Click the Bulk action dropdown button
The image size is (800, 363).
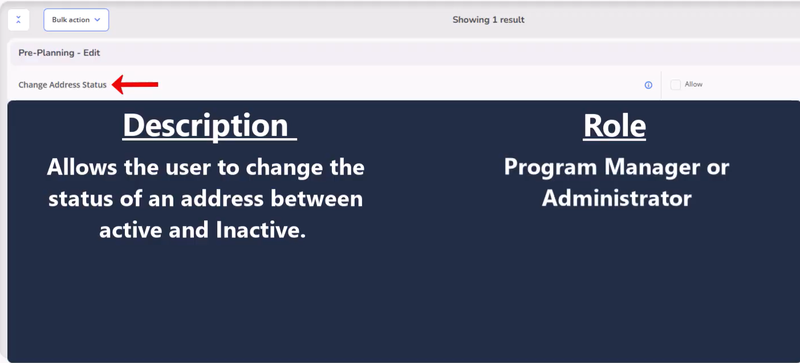(x=76, y=20)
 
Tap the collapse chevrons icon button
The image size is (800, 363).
(x=19, y=20)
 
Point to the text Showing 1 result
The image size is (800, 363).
(x=488, y=19)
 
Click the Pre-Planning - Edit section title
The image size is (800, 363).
(x=59, y=53)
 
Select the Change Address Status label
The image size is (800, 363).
(x=63, y=85)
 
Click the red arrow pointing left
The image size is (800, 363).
(x=135, y=84)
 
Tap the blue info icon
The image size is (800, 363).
(x=648, y=85)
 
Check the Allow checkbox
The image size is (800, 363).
(x=675, y=85)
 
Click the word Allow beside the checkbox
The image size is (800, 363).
(x=693, y=84)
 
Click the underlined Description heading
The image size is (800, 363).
(x=209, y=126)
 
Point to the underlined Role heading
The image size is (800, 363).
(x=614, y=126)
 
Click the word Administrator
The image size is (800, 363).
(x=617, y=198)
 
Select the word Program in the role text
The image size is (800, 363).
(x=550, y=167)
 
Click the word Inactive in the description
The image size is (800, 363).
(x=261, y=229)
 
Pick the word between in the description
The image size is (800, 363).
(x=316, y=199)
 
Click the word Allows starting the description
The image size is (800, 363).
(x=82, y=167)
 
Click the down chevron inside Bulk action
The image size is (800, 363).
(x=97, y=19)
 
